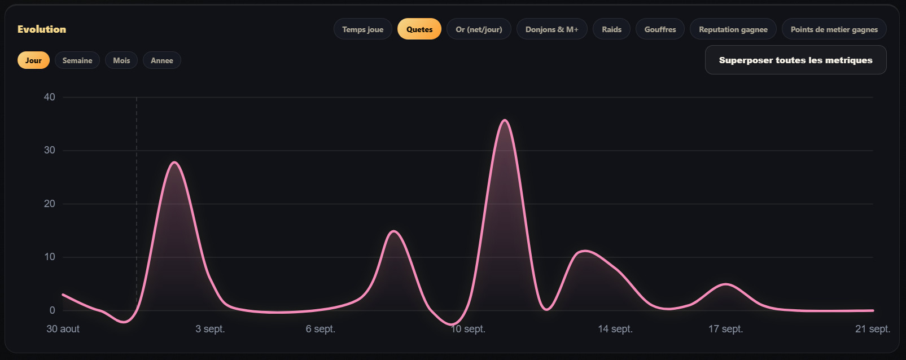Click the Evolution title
(x=42, y=29)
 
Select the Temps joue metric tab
(x=363, y=29)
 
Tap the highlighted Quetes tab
(x=419, y=29)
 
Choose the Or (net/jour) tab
(x=479, y=29)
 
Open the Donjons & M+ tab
(x=552, y=29)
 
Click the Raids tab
(x=611, y=29)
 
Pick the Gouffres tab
(x=660, y=29)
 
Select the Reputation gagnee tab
(x=733, y=29)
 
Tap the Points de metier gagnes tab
(x=834, y=29)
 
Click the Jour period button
(x=33, y=60)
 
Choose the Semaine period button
(x=77, y=60)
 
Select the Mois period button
(x=121, y=60)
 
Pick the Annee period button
(x=162, y=60)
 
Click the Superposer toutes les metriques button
(x=795, y=60)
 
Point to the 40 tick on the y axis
(x=49, y=97)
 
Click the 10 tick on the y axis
(x=49, y=257)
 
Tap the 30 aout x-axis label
(x=63, y=329)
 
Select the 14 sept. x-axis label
(x=615, y=329)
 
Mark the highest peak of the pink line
(x=505, y=120)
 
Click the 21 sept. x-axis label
(x=873, y=329)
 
